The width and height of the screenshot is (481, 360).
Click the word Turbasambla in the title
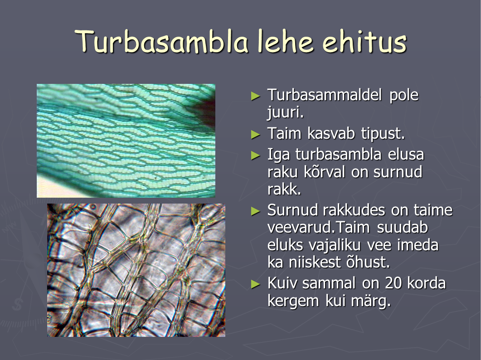(x=161, y=41)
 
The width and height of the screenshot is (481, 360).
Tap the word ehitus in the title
(x=364, y=41)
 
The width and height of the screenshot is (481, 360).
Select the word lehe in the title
(x=286, y=41)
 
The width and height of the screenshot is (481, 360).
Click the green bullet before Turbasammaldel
(x=255, y=96)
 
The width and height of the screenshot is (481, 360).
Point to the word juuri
(x=285, y=112)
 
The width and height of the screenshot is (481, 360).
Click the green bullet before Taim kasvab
(x=255, y=134)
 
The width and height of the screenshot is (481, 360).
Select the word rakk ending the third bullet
(x=284, y=190)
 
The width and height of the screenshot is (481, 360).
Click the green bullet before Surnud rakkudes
(x=255, y=211)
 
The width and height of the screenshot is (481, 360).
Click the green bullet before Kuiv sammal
(x=255, y=284)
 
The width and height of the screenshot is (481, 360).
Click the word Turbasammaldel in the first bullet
(x=325, y=95)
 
